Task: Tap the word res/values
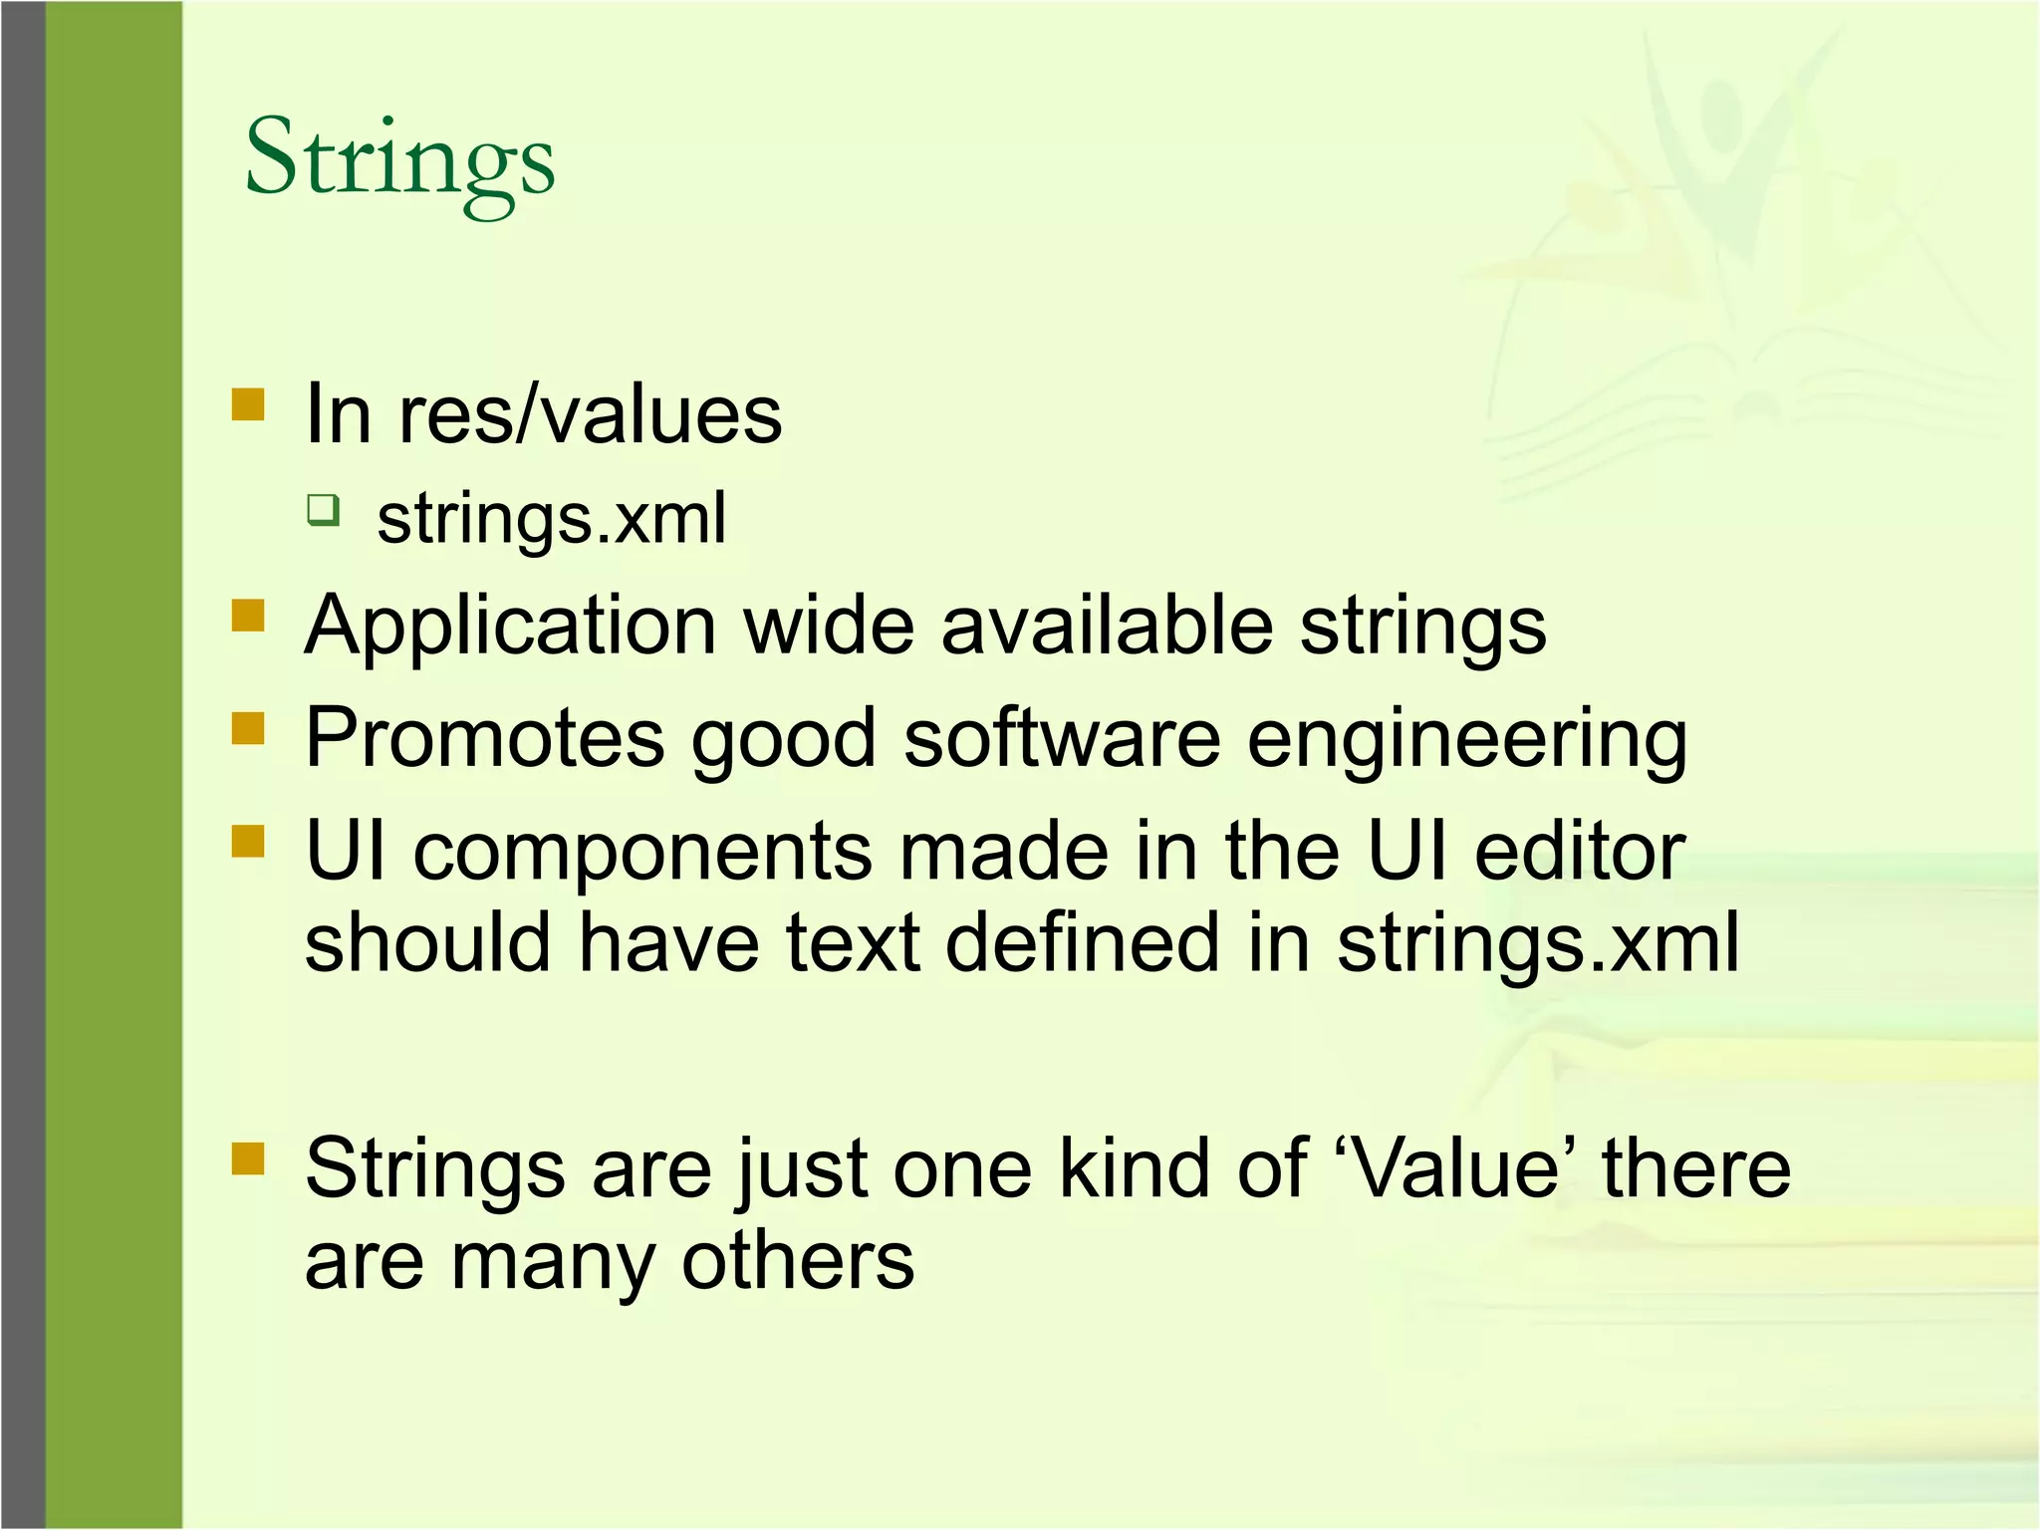tap(590, 415)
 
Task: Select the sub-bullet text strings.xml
tap(551, 519)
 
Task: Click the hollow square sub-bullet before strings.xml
tap(323, 509)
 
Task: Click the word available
tap(1107, 626)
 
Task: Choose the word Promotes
tap(484, 738)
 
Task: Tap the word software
tap(1062, 738)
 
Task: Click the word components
tap(642, 854)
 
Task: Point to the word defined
tap(1082, 942)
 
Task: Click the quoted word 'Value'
tap(1454, 1167)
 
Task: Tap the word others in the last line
tap(797, 1261)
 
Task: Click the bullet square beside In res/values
tap(248, 405)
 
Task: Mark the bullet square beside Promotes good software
tap(248, 728)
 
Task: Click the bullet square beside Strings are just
tap(248, 1158)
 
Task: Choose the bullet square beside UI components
tap(248, 842)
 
